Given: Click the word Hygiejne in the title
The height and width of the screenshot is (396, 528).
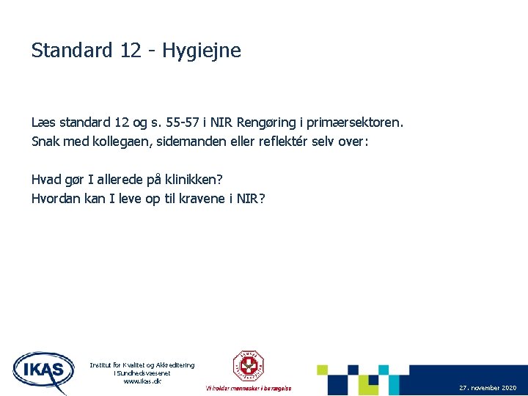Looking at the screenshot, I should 202,51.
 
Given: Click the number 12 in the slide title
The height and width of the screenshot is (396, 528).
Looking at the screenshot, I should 133,51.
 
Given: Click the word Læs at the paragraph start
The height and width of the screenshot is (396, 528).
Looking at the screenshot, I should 42,122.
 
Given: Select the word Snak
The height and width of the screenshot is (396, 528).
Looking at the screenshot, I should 45,140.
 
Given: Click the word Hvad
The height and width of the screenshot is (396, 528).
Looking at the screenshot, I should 46,180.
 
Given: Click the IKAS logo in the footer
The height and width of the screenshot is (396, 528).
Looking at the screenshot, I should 43,371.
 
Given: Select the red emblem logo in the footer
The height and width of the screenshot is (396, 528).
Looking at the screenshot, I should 248,365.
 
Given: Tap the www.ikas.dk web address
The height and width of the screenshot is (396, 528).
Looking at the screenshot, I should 142,381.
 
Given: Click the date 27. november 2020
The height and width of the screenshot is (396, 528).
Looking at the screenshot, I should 488,387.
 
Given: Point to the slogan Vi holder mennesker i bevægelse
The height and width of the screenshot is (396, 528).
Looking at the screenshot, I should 248,388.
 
